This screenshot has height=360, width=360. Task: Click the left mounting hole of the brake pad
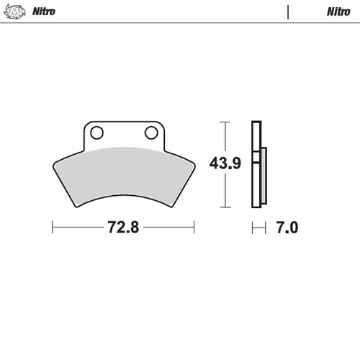click(x=96, y=132)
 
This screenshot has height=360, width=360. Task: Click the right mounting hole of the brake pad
click(x=151, y=132)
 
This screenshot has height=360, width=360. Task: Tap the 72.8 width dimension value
click(x=122, y=228)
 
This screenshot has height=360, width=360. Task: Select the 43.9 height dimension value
click(x=224, y=163)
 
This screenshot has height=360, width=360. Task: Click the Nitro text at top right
click(x=338, y=12)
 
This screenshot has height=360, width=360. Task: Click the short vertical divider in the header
click(x=288, y=12)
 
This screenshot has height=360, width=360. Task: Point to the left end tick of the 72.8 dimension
click(x=53, y=228)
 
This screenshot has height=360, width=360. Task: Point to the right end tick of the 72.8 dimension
click(x=194, y=228)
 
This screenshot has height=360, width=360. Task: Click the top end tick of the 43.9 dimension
click(x=226, y=123)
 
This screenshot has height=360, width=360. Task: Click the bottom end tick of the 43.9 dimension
click(x=226, y=207)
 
